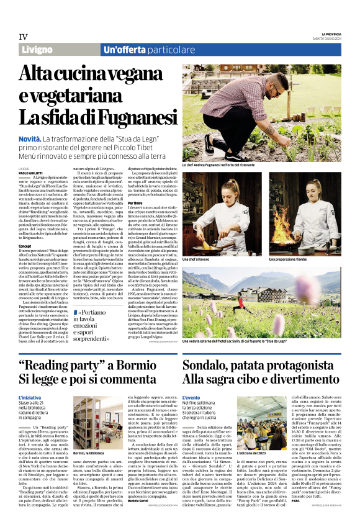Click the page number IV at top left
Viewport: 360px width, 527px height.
tap(23, 36)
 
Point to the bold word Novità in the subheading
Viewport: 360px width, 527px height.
tap(30, 140)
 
